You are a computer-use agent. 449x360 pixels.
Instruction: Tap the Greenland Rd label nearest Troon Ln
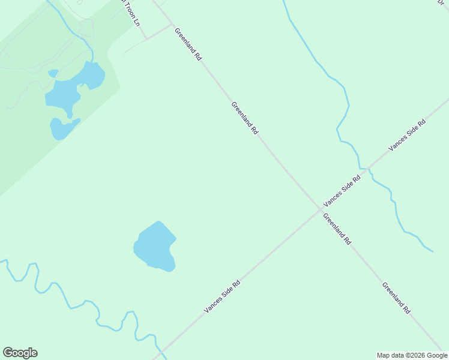pyautogui.click(x=188, y=44)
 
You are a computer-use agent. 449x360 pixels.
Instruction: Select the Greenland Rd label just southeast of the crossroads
pyautogui.click(x=337, y=229)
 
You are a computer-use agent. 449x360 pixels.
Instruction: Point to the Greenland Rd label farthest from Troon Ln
pyautogui.click(x=396, y=298)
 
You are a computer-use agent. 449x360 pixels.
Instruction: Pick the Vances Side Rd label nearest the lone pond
pyautogui.click(x=222, y=296)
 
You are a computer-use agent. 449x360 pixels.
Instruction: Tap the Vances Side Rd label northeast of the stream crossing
pyautogui.click(x=407, y=135)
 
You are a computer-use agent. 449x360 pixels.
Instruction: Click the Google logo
pyautogui.click(x=20, y=353)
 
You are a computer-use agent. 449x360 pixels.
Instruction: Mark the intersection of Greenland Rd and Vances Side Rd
pyautogui.click(x=319, y=209)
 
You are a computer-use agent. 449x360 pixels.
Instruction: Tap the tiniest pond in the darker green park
pyautogui.click(x=53, y=73)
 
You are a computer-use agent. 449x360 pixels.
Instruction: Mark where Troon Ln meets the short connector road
pyautogui.click(x=146, y=39)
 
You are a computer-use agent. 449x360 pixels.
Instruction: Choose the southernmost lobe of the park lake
pyautogui.click(x=61, y=129)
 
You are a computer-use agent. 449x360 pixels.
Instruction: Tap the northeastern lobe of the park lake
pyautogui.click(x=92, y=75)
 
